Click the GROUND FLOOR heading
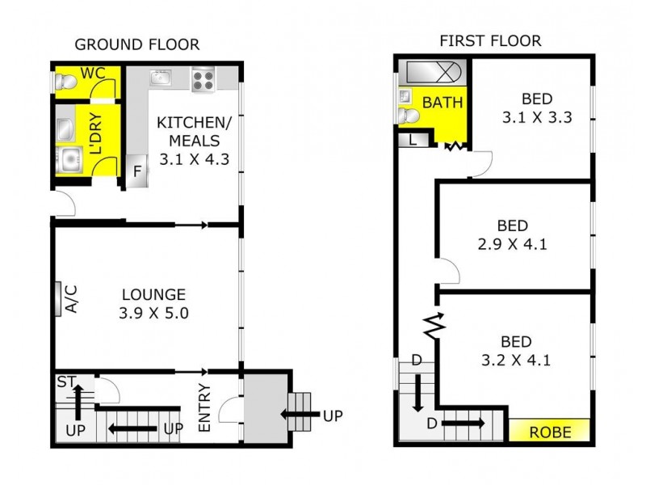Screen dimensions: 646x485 [x=136, y=44]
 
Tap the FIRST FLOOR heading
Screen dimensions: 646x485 [x=490, y=41]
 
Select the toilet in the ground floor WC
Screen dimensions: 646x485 [x=66, y=82]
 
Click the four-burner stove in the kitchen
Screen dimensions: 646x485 [x=203, y=79]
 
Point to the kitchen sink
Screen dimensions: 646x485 [x=161, y=78]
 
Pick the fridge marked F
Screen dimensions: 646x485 [x=137, y=171]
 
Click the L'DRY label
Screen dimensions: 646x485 [x=95, y=133]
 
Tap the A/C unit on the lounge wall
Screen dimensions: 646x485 [x=58, y=299]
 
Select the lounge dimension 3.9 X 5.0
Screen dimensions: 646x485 [x=153, y=313]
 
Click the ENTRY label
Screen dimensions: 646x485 [x=204, y=408]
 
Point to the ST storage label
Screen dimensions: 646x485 [x=65, y=382]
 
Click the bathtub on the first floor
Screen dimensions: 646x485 [x=434, y=72]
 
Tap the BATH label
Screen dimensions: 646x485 [x=443, y=103]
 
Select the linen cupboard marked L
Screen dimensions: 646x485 [x=413, y=140]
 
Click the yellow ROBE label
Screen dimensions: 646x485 [x=550, y=432]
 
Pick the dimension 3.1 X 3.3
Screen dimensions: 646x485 [x=537, y=117]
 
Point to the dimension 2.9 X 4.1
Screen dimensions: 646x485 [x=512, y=244]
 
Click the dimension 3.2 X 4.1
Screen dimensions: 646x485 [x=516, y=361]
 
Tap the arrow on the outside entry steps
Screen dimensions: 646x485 [x=300, y=414]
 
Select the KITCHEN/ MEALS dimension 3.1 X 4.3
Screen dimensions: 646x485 [x=194, y=159]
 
